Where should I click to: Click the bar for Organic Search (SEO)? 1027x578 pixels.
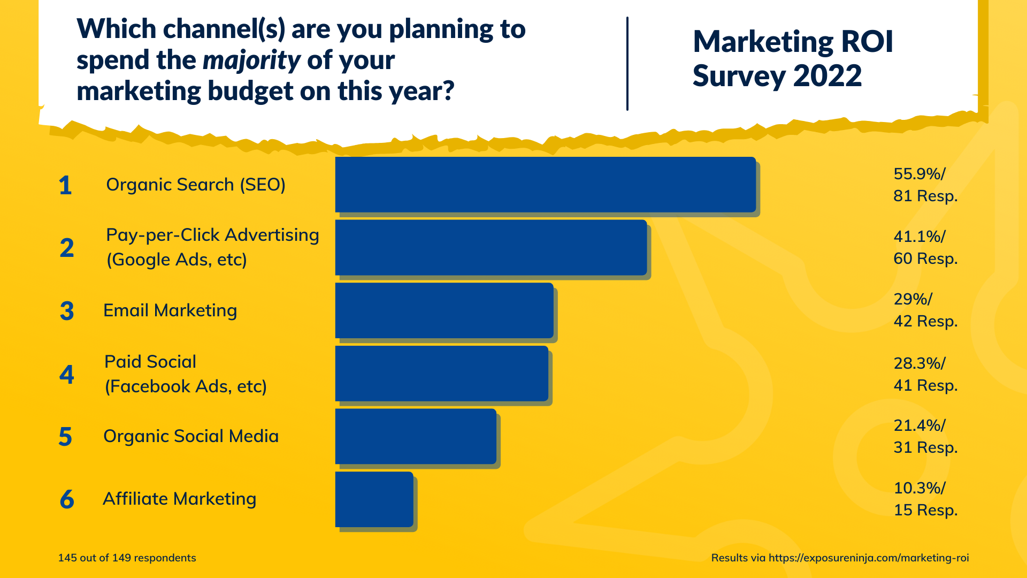545,184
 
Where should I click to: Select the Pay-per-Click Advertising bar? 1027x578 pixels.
490,247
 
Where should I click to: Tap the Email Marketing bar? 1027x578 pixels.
444,310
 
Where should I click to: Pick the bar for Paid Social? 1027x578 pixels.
441,373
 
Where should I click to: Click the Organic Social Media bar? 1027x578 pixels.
416,436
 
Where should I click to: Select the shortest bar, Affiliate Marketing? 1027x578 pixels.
374,499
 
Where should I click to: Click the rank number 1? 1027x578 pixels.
65,185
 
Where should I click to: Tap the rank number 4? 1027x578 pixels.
66,374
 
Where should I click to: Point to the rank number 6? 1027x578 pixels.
67,499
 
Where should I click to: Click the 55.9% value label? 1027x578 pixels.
919,174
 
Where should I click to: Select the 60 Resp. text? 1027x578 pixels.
925,258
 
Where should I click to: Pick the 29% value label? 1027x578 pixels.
913,299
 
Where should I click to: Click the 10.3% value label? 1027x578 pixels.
919,488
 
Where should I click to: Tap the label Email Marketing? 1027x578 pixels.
170,310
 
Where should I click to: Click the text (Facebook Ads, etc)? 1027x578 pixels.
186,386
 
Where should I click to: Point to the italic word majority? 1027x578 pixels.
251,60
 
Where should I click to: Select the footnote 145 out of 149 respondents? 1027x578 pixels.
127,558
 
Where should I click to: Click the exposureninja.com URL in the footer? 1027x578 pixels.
868,558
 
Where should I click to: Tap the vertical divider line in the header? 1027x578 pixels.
627,63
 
